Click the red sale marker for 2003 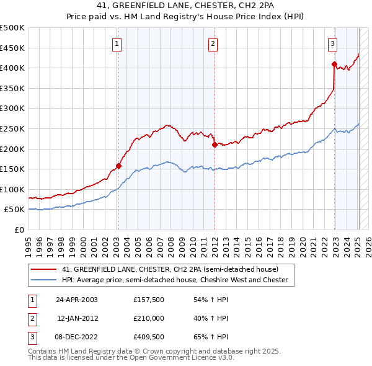coord(118,166)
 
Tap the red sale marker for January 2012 coord(214,145)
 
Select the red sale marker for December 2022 coord(334,64)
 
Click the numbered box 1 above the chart coord(117,43)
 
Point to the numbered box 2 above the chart coord(213,43)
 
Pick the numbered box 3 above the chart coord(333,43)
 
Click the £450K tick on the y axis coord(12,48)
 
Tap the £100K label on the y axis coord(12,189)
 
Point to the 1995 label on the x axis coord(28,241)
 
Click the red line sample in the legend coord(43,269)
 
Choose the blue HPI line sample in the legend coord(43,280)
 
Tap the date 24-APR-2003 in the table coord(77,299)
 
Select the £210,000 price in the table coord(149,318)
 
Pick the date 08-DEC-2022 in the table coord(77,337)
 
